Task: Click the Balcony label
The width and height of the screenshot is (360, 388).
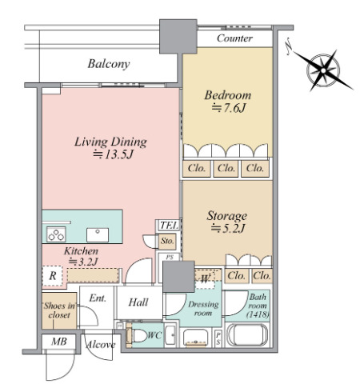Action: pos(109,64)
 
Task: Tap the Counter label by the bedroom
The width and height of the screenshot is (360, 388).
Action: pos(234,38)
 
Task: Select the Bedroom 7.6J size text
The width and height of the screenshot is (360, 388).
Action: pos(228,108)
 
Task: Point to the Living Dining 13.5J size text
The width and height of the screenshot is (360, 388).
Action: pos(113,154)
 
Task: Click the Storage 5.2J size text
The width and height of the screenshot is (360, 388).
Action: pos(227,229)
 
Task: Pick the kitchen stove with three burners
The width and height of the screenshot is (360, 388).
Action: pos(56,234)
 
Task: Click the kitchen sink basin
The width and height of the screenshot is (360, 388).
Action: pos(98,235)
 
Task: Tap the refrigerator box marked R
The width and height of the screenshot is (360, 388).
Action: pos(53,276)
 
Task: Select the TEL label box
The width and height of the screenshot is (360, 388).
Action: pos(169,226)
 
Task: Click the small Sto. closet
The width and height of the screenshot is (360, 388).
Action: pos(167,242)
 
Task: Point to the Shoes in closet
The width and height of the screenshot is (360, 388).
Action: pos(59,310)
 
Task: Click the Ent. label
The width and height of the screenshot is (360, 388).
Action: pos(98,298)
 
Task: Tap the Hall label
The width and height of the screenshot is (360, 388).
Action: pos(138,302)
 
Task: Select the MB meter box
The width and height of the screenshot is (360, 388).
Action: pos(59,342)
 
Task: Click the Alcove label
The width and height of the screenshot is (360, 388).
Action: pos(101,345)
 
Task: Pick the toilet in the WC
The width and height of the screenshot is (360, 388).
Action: pos(138,336)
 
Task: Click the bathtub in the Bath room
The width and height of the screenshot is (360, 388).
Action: pos(247,335)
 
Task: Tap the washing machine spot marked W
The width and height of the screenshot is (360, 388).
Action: pos(205,279)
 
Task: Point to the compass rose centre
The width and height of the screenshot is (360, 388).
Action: pos(323,70)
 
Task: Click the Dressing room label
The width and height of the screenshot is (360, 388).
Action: pos(203,309)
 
